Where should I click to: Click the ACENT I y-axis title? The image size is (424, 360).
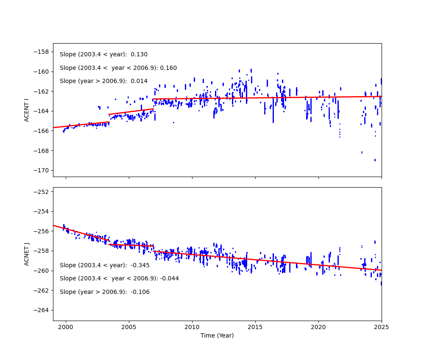pos(26,110)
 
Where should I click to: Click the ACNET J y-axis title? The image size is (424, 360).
pos(26,254)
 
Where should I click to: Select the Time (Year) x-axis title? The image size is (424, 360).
pos(217,335)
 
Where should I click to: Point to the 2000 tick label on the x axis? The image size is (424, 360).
pos(66,327)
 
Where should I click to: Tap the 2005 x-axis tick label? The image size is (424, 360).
pos(128,327)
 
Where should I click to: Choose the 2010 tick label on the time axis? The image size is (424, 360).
pos(192,327)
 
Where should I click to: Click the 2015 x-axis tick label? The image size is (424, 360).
pos(255,327)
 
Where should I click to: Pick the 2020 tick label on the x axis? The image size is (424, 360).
pos(318,327)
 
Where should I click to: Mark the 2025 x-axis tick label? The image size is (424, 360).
pos(381,327)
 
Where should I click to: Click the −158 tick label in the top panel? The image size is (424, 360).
pos(42,52)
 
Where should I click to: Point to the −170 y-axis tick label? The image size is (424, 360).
pos(42,170)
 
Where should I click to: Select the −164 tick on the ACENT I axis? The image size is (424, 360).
pos(42,111)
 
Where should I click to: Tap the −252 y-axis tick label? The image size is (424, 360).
pos(42,191)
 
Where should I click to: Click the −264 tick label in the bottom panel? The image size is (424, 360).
pos(42,310)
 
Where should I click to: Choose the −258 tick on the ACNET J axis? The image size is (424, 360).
pos(42,251)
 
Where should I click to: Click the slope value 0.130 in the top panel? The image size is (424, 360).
pos(139,55)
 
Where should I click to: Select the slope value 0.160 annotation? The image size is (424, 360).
pos(168,68)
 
